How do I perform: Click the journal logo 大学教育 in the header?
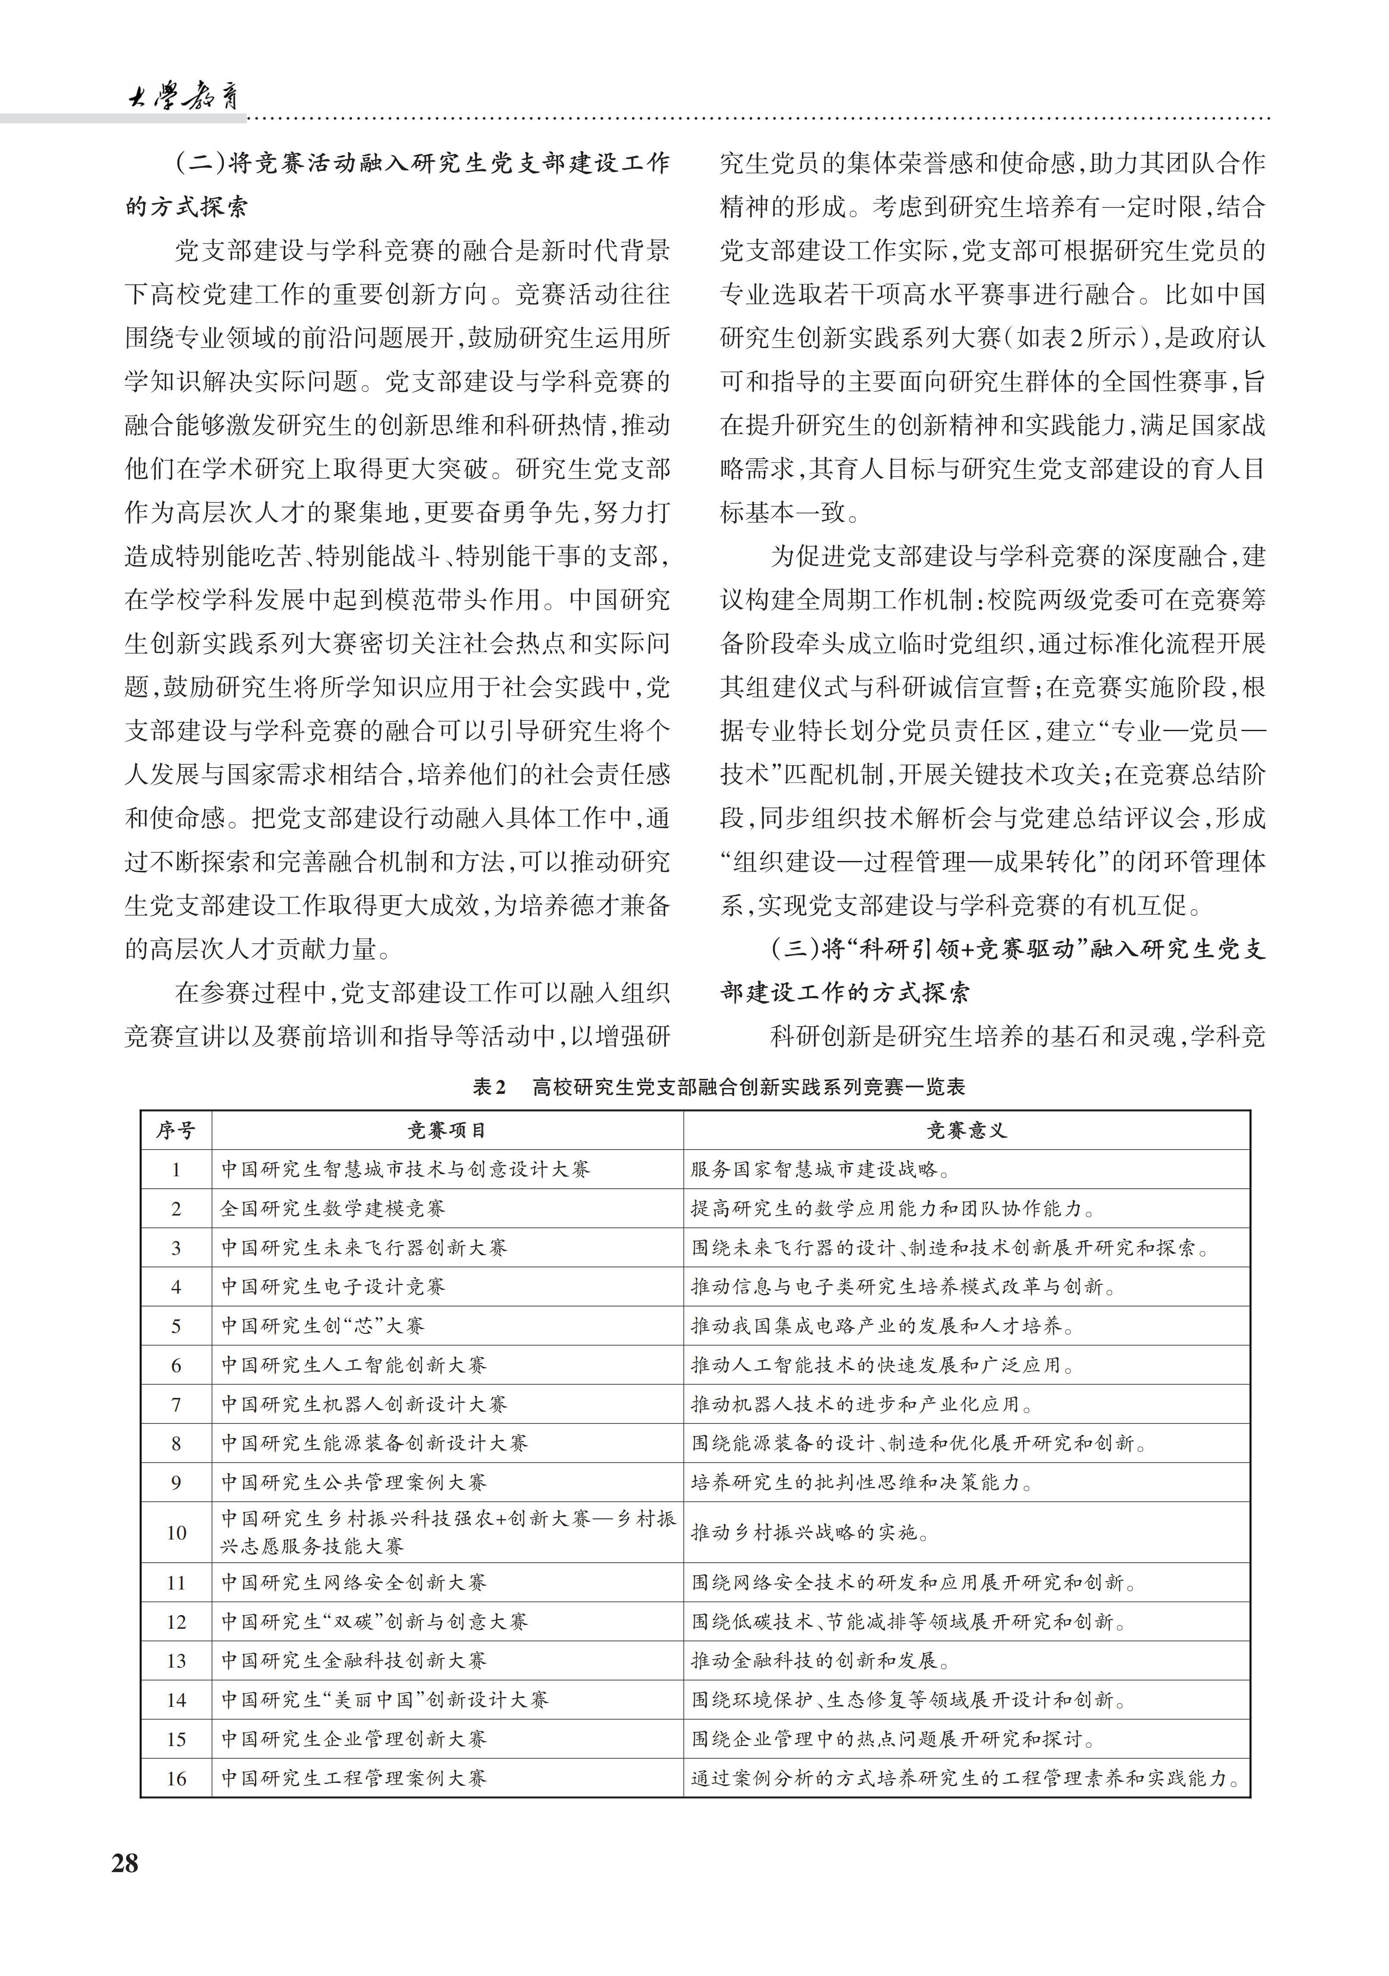pyautogui.click(x=183, y=95)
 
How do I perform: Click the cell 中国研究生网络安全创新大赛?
pyautogui.click(x=354, y=1582)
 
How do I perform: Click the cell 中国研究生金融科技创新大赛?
pyautogui.click(x=354, y=1660)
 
